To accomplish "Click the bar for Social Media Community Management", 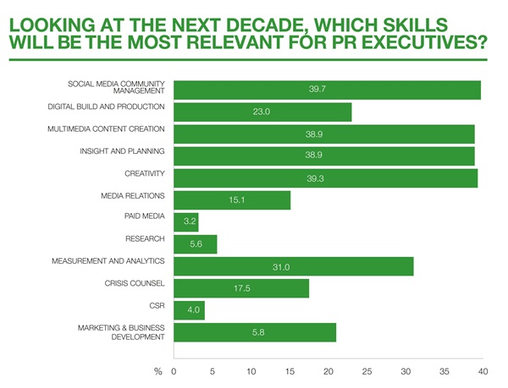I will point(327,90).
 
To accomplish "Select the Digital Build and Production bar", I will point(262,112).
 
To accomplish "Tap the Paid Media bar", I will point(185,222).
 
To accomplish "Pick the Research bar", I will point(195,244).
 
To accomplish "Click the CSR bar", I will point(189,310).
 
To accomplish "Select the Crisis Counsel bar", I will point(241,288).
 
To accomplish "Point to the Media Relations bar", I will point(232,200).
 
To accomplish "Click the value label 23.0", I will point(262,112).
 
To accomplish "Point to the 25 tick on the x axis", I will point(367,370).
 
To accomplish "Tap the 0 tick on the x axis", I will point(174,370).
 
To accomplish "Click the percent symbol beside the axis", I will point(157,370).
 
